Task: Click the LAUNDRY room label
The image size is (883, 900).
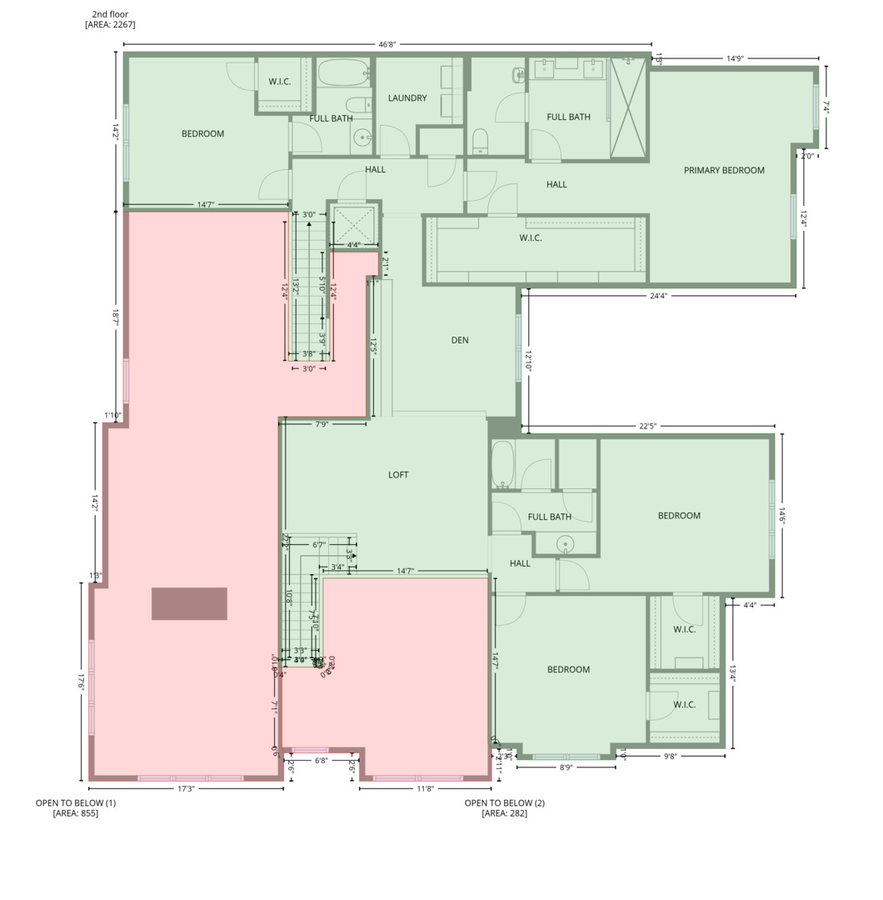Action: (x=407, y=98)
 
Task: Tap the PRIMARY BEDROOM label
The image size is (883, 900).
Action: (x=724, y=171)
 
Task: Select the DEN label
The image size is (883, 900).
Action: (x=460, y=340)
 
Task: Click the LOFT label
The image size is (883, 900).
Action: (x=398, y=475)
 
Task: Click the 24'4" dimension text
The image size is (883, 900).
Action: (x=658, y=296)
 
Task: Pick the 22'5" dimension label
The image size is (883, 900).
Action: (x=648, y=427)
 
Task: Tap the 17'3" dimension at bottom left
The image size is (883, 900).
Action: (x=186, y=788)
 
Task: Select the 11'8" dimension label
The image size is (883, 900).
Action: (x=425, y=788)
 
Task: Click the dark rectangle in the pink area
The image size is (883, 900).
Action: (x=189, y=603)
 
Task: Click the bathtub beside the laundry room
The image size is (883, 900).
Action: (x=342, y=74)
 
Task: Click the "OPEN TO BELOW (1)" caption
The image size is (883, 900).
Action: (x=76, y=803)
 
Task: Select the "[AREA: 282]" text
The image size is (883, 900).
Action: (x=505, y=813)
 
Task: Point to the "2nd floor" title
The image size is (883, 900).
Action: (x=110, y=14)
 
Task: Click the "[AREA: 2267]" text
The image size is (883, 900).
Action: (x=110, y=25)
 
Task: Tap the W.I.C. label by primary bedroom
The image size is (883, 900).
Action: (x=531, y=238)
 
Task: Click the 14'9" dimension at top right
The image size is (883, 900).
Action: (x=734, y=59)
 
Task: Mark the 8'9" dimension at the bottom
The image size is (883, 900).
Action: (x=566, y=767)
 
